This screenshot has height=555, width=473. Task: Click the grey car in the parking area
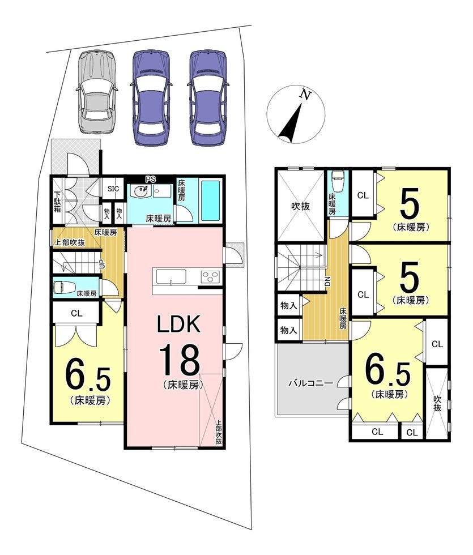coord(96,92)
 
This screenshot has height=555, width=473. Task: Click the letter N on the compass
coord(305,95)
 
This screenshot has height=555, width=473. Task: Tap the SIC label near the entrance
coord(113,189)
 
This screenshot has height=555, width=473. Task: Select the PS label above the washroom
coord(151,180)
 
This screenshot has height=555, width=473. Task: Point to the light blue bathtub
coord(210,200)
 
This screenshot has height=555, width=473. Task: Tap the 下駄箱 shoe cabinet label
coord(58,202)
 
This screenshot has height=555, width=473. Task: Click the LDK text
coord(179,324)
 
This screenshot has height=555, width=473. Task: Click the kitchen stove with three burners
coord(210,276)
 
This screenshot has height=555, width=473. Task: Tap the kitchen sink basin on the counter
coord(171,276)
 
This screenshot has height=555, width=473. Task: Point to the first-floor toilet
coord(63,287)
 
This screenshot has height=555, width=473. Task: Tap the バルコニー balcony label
coord(310,383)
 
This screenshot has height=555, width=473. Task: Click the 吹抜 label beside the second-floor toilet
coord(300,206)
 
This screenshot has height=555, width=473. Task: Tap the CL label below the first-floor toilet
coord(76,313)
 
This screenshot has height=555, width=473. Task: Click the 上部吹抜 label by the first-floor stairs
coord(69,243)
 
